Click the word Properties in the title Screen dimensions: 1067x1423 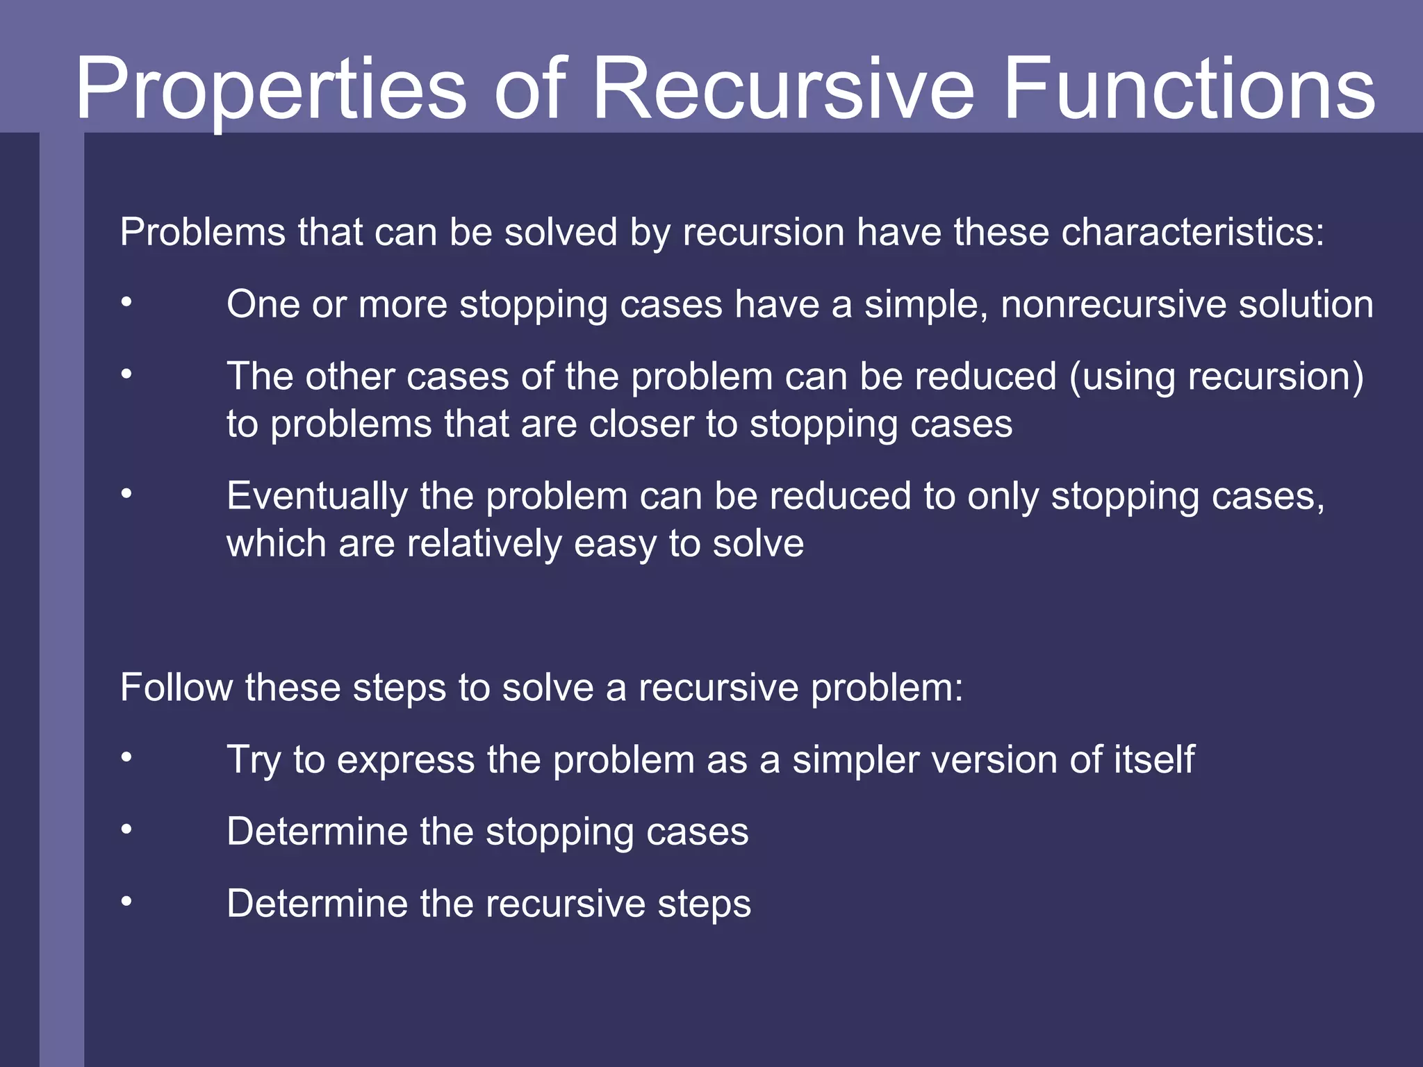coord(271,90)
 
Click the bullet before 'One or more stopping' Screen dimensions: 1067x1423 coord(126,302)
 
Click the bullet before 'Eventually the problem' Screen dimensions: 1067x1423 coord(126,494)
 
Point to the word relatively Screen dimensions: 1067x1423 coord(484,544)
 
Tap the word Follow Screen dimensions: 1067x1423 coord(176,688)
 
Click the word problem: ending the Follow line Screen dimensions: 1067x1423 coord(887,689)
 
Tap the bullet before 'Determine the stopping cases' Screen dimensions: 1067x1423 coord(126,829)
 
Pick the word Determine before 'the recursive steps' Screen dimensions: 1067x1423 coord(318,904)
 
